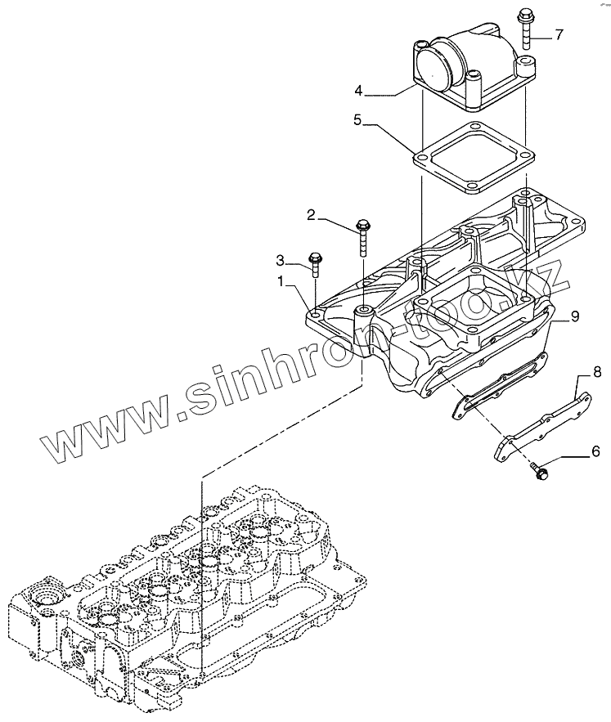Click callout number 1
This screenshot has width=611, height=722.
(281, 280)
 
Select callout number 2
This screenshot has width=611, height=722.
(310, 215)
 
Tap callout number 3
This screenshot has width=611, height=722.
(281, 260)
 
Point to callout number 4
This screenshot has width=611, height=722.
(357, 89)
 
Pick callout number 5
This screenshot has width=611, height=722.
(358, 120)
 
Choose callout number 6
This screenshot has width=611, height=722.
(572, 450)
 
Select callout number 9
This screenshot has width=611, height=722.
(574, 316)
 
